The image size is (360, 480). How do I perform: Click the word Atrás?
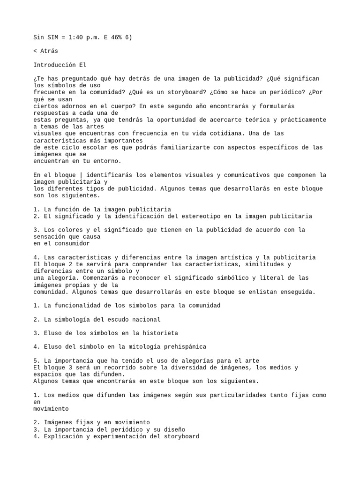(49, 51)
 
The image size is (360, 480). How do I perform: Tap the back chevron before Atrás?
(35, 51)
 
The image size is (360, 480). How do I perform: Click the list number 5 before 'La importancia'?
(36, 360)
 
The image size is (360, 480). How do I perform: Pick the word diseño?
(173, 429)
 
